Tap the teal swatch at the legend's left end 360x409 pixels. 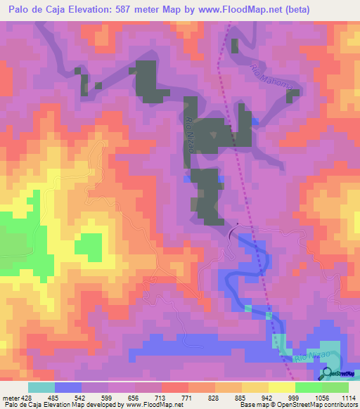tap(41, 387)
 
